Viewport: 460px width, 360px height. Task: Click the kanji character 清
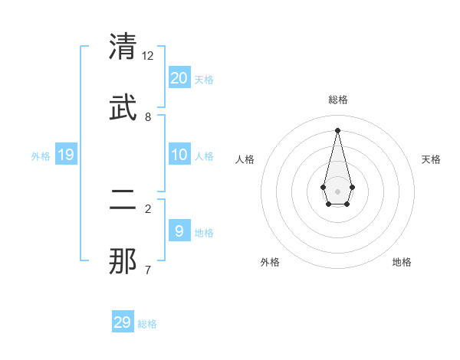point(123,47)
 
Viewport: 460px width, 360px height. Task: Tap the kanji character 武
point(123,108)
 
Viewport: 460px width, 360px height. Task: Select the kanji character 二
point(123,201)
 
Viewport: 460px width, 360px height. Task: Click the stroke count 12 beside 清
point(148,56)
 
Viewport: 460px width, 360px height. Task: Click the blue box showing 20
point(179,77)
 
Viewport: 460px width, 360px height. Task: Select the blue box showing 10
point(179,155)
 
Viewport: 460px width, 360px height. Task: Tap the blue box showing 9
point(179,231)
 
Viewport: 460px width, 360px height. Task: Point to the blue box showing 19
point(66,155)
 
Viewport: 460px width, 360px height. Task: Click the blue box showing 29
point(123,322)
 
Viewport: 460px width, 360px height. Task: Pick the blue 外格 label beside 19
point(41,156)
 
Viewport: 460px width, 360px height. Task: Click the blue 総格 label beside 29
point(147,324)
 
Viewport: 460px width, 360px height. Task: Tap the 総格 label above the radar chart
point(338,100)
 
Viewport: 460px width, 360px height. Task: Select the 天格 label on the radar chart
point(431,159)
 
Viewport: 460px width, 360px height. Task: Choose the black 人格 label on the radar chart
point(245,159)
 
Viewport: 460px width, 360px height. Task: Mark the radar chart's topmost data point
point(337,129)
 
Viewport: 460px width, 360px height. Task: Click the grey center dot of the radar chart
point(337,191)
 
